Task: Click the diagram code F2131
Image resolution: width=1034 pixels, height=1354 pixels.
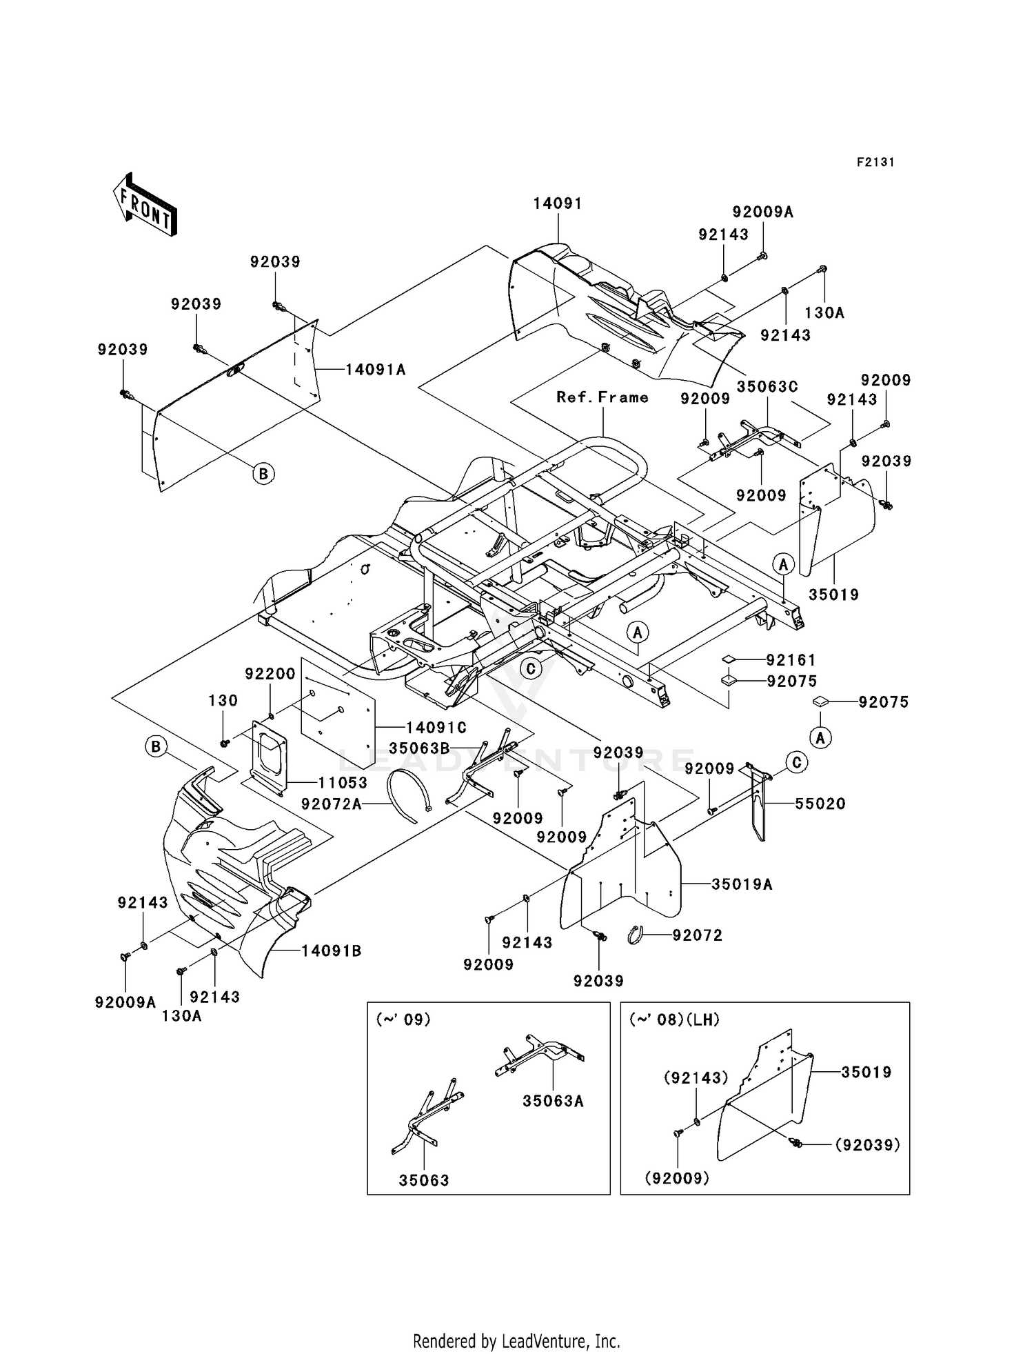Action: pyautogui.click(x=875, y=162)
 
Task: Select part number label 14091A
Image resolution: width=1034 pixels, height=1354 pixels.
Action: pyautogui.click(x=375, y=370)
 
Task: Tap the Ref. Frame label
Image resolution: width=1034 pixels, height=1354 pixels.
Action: pyautogui.click(x=602, y=397)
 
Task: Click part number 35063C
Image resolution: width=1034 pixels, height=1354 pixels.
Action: pyautogui.click(x=767, y=387)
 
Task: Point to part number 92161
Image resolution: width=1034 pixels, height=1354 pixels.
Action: pyautogui.click(x=791, y=660)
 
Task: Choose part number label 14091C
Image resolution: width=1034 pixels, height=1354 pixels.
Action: pyautogui.click(x=436, y=727)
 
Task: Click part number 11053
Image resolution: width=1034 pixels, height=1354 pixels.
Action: pyautogui.click(x=343, y=783)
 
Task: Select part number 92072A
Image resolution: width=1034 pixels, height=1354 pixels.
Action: pyautogui.click(x=332, y=804)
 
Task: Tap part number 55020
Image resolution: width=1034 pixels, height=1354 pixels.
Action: pyautogui.click(x=820, y=804)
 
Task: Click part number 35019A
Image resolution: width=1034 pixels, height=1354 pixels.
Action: pyautogui.click(x=742, y=884)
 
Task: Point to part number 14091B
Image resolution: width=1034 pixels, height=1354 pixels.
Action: pyautogui.click(x=332, y=951)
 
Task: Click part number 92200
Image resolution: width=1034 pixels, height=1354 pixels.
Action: pyautogui.click(x=270, y=674)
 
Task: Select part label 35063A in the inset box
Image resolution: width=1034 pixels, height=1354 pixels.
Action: pyautogui.click(x=553, y=1102)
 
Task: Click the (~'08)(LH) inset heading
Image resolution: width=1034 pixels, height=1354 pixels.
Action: pyautogui.click(x=674, y=1020)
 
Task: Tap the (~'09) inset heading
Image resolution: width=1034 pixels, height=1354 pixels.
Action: pyautogui.click(x=403, y=1020)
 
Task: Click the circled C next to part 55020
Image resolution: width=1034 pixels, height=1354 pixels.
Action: pyautogui.click(x=797, y=762)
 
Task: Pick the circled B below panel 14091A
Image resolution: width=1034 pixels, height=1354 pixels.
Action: pyautogui.click(x=263, y=474)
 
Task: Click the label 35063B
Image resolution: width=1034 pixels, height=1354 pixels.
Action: pyautogui.click(x=420, y=748)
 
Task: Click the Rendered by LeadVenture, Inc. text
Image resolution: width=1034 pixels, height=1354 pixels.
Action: pyautogui.click(x=516, y=1341)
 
